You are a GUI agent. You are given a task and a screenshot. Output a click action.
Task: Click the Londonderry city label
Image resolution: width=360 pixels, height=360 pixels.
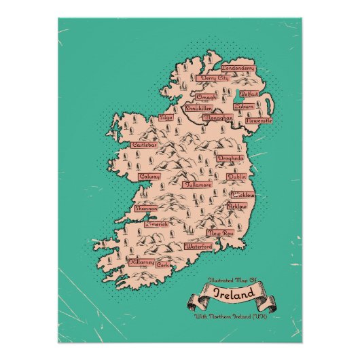coord(238,69)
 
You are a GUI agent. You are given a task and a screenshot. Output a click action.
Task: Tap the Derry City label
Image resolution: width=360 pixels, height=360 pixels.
coord(211,79)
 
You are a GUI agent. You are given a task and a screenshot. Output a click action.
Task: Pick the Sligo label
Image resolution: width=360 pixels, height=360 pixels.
coord(166,118)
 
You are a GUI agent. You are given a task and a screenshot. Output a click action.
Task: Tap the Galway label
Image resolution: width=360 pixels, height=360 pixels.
coord(149,177)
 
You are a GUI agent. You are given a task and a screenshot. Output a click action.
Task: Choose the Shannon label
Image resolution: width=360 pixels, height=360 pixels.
coord(147,209)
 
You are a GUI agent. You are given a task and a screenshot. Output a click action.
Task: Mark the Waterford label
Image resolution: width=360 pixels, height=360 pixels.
coord(198,247)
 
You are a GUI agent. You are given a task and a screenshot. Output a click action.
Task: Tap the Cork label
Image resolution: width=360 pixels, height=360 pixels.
coord(164,264)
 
